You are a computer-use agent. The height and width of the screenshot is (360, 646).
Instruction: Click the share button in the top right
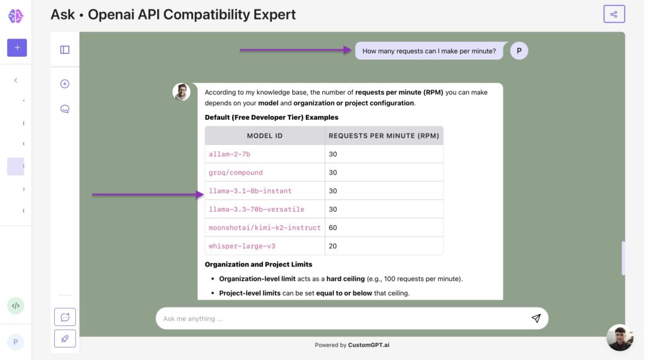613,14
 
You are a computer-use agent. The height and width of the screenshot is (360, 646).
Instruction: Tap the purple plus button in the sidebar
17,47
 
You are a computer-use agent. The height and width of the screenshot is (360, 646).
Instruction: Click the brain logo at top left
16,16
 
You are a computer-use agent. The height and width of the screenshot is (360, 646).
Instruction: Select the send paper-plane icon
536,318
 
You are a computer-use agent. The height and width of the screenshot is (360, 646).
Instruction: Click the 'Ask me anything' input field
341,318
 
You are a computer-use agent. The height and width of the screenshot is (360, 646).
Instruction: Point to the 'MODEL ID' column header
265,136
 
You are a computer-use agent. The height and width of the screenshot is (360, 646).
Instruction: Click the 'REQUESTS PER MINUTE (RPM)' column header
384,136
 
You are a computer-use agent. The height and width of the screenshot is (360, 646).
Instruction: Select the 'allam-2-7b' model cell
230,154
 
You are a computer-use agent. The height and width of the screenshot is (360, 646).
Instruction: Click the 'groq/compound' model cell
236,172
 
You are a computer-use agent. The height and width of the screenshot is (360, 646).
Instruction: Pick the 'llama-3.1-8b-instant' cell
250,190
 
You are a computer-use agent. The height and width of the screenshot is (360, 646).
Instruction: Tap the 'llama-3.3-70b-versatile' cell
257,209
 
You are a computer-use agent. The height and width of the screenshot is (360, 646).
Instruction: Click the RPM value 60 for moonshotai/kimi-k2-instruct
333,227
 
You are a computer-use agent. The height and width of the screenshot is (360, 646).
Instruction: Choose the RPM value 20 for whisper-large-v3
333,246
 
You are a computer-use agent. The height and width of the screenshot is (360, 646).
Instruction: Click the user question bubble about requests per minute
429,51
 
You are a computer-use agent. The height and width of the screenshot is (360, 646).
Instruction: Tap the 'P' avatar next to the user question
519,51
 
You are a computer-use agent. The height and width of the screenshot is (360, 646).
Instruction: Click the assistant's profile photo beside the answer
181,92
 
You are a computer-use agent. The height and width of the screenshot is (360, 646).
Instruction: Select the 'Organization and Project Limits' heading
259,264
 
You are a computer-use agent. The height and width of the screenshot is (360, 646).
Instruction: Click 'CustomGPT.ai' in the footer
368,345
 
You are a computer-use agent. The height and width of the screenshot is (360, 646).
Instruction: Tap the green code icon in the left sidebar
16,306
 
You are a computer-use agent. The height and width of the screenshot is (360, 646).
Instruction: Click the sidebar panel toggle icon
65,50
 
